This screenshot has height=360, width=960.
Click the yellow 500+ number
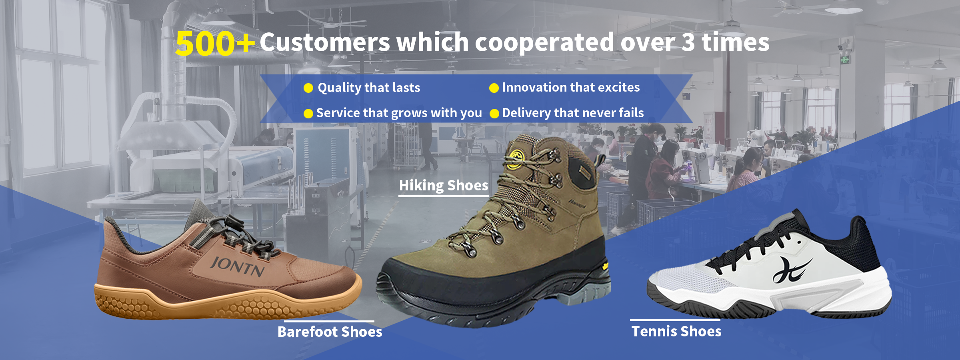[215, 43]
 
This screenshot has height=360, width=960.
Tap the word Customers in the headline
[325, 42]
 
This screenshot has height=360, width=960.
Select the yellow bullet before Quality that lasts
[308, 88]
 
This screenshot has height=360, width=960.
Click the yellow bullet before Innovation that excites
[494, 88]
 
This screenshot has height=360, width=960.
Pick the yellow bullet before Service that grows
[308, 114]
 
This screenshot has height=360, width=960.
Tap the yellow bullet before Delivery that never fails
[494, 114]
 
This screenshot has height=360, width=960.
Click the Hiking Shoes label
[444, 185]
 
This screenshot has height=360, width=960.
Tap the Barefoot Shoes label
[330, 332]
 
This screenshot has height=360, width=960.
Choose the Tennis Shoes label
[676, 331]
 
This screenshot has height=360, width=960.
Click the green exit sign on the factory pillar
[845, 60]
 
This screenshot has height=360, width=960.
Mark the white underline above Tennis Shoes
[675, 320]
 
